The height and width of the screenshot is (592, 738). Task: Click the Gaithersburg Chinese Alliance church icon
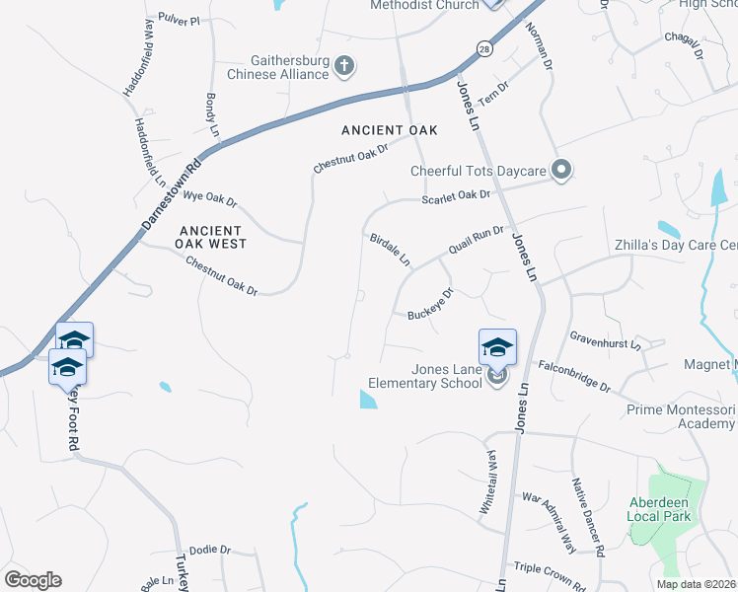pos(343,67)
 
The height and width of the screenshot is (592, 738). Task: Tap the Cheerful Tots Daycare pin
pos(561,171)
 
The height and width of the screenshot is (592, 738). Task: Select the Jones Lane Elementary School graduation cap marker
pos(497,347)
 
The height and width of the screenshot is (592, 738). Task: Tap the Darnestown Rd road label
pos(171,195)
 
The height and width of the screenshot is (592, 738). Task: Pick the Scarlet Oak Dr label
pos(456,196)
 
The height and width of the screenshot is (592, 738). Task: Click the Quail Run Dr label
pos(477,241)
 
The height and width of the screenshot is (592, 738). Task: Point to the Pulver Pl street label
pos(179,20)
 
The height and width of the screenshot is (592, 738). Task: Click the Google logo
pos(33,579)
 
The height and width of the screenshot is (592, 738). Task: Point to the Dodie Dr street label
pos(209,550)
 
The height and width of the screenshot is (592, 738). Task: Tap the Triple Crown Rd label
pos(557,573)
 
